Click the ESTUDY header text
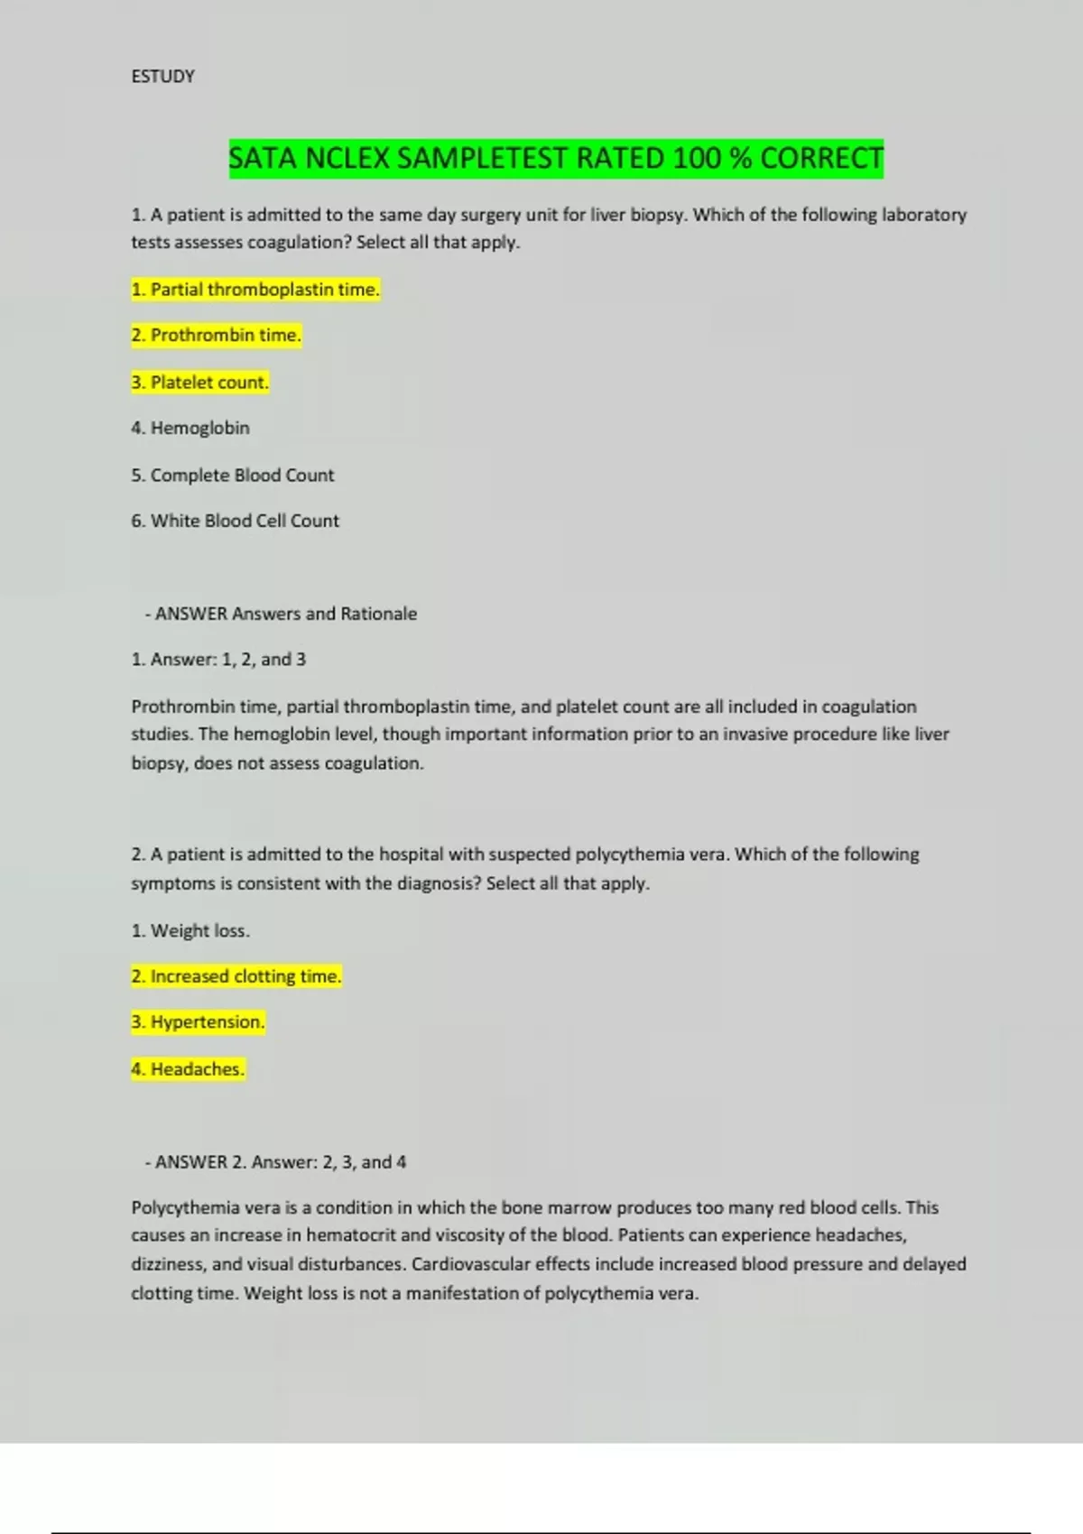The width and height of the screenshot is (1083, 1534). tap(162, 77)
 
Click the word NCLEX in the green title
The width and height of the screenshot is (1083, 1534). tap(347, 159)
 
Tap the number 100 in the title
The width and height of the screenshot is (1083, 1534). tap(697, 159)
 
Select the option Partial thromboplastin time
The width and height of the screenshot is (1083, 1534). tap(255, 290)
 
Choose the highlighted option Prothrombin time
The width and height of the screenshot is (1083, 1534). tap(216, 336)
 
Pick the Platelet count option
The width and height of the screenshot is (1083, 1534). tap(199, 383)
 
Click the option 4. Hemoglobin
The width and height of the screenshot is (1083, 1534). tap(190, 429)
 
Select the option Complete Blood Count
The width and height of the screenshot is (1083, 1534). tap(233, 476)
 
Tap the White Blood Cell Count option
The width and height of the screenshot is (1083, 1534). tap(236, 522)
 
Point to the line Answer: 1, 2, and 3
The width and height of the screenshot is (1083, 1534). tap(218, 660)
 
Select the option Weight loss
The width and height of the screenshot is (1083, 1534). tap(190, 931)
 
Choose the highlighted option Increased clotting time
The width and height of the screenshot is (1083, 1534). tap(236, 976)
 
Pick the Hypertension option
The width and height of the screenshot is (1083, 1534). tap(199, 1022)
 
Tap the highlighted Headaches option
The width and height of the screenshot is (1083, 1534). tap(188, 1069)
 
